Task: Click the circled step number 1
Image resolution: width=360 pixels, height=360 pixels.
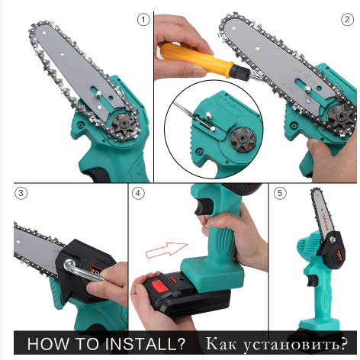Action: (x=143, y=20)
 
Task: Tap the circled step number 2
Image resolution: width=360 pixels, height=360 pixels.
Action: (x=347, y=20)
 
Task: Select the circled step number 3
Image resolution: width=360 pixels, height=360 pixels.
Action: (x=21, y=193)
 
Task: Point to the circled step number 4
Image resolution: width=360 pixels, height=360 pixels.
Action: (x=138, y=193)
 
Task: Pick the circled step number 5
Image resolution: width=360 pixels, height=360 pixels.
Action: (x=280, y=193)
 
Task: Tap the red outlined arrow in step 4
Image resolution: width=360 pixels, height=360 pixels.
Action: (x=166, y=250)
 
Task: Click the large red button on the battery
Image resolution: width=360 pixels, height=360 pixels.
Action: (x=160, y=285)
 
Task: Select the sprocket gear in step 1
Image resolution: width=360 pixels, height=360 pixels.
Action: (x=124, y=126)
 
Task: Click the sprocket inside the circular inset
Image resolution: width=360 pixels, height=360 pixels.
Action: (x=243, y=140)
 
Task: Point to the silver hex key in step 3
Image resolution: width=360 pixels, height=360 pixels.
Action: (x=82, y=270)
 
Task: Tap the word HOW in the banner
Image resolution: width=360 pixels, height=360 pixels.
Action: (x=48, y=343)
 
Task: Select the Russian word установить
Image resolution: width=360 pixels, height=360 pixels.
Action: (x=295, y=344)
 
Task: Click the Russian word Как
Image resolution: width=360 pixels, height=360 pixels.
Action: (x=221, y=343)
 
